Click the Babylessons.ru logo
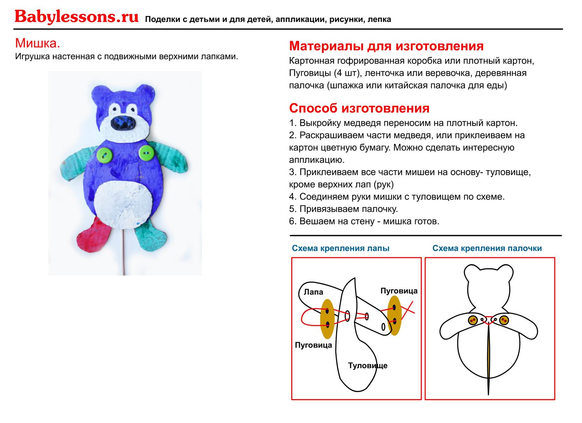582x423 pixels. [76, 17]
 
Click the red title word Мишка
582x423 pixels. [37, 43]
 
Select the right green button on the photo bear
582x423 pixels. [146, 153]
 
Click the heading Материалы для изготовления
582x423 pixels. [386, 46]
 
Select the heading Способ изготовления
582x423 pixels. [359, 108]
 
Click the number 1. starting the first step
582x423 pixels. [293, 123]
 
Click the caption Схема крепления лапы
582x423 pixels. [340, 248]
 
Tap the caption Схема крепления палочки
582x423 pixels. [487, 248]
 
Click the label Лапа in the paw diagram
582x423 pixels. [313, 292]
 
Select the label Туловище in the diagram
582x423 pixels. [368, 366]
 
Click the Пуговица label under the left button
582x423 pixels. [313, 345]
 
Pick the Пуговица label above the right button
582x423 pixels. [399, 291]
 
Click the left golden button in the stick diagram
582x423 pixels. [473, 320]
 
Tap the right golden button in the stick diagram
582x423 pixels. [504, 320]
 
